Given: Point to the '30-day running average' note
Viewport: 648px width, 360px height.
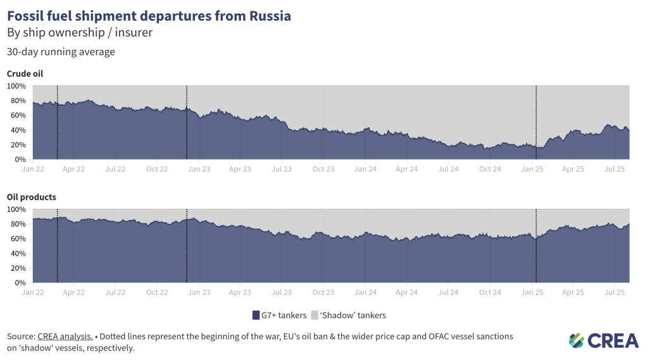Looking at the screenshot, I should click(61, 52).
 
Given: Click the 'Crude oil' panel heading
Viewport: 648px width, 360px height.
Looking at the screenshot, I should click(25, 74).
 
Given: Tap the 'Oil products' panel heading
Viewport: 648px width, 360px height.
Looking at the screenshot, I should click(31, 197).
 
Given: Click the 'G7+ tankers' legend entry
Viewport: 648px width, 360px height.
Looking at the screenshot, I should click(279, 315).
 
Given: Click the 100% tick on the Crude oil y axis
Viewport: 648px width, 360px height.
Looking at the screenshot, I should click(16, 86).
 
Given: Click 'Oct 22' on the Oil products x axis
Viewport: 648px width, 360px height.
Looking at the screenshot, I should click(157, 292).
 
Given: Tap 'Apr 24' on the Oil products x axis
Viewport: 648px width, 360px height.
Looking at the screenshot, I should click(406, 292).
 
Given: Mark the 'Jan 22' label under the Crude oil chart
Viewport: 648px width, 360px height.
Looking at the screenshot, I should click(32, 169).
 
